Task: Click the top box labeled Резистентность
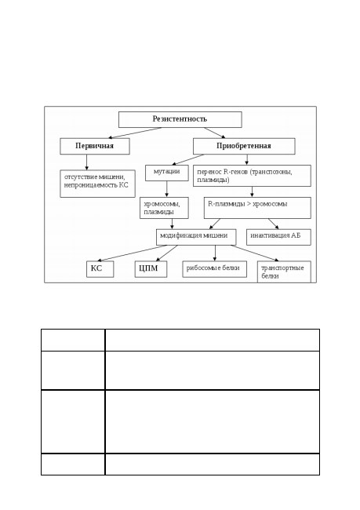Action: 180,119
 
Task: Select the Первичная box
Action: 95,146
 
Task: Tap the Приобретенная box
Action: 244,146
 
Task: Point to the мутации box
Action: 167,173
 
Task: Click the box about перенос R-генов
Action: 252,176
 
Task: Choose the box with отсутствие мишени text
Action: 97,184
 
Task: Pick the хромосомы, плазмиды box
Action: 164,208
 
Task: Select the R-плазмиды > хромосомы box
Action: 257,208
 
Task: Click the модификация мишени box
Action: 196,237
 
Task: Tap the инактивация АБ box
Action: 278,237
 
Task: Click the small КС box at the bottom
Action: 100,269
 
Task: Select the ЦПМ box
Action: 151,269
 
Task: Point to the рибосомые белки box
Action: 215,269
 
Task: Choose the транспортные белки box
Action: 284,272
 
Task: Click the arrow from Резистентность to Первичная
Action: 135,133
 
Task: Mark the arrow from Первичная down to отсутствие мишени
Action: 86,162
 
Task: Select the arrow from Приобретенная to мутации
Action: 187,160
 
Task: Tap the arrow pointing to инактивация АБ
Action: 274,224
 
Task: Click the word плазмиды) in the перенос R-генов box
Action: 213,180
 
